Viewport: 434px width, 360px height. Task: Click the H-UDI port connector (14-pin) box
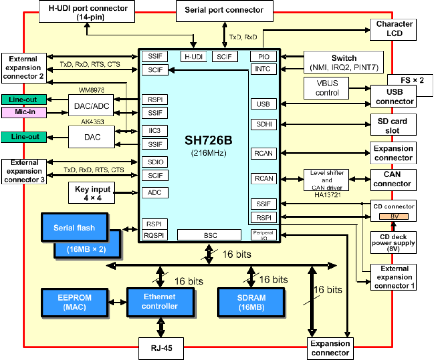pos(87,12)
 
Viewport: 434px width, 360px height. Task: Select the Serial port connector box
pos(224,11)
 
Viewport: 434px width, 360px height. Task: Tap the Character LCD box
pos(393,29)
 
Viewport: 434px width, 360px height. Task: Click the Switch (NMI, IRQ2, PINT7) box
pos(343,62)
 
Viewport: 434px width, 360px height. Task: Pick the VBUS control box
pos(326,88)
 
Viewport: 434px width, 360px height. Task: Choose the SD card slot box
pos(393,125)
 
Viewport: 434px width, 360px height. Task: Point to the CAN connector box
pos(393,179)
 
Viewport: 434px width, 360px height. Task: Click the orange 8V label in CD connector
pos(394,216)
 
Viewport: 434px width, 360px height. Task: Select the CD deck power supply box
pos(393,243)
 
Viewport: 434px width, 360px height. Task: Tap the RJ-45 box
pos(161,348)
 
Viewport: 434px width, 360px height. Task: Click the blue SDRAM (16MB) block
pos(251,302)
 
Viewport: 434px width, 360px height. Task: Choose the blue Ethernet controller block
pos(160,302)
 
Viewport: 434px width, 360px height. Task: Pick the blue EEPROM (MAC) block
pos(75,302)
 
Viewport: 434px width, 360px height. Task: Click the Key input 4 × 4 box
pos(92,193)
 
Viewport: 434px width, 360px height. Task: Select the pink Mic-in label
pos(24,112)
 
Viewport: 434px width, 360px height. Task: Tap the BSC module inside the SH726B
pos(209,235)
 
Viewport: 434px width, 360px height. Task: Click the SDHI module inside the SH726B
pos(264,124)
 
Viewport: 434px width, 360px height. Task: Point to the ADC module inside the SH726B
pos(155,193)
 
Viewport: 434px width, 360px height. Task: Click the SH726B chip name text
pos(208,140)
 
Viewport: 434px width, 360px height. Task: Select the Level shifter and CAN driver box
pos(326,180)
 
